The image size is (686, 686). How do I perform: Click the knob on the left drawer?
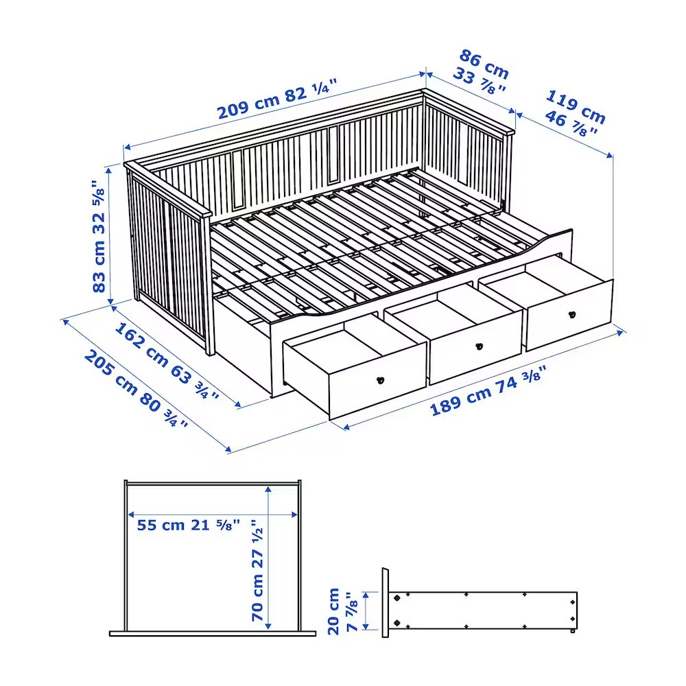click(x=380, y=380)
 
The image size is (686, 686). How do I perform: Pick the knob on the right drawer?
click(x=572, y=314)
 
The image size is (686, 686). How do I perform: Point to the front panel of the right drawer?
click(x=569, y=315)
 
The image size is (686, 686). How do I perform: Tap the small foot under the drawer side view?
click(x=572, y=631)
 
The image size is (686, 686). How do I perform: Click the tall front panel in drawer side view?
click(x=385, y=602)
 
